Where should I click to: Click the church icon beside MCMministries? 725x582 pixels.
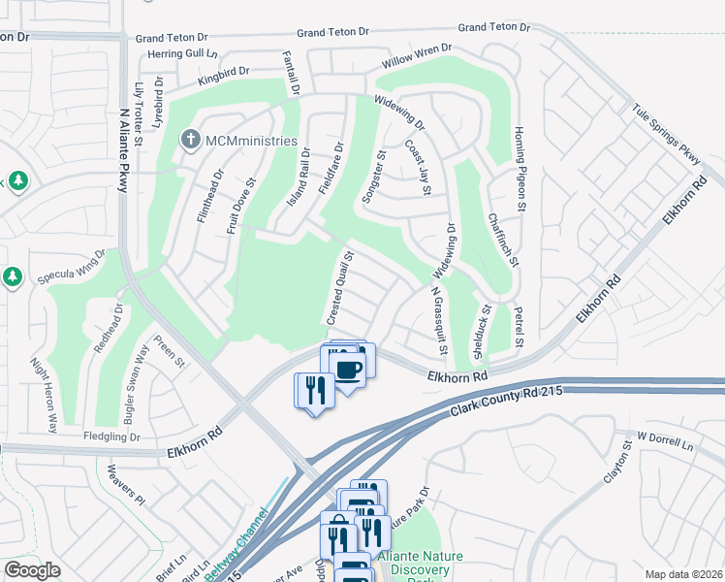(190, 141)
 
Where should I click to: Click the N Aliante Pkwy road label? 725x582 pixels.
(123, 138)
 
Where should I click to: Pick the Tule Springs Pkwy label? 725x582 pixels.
(666, 136)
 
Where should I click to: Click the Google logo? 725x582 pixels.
(32, 569)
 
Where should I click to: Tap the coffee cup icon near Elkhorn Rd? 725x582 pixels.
(347, 368)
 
